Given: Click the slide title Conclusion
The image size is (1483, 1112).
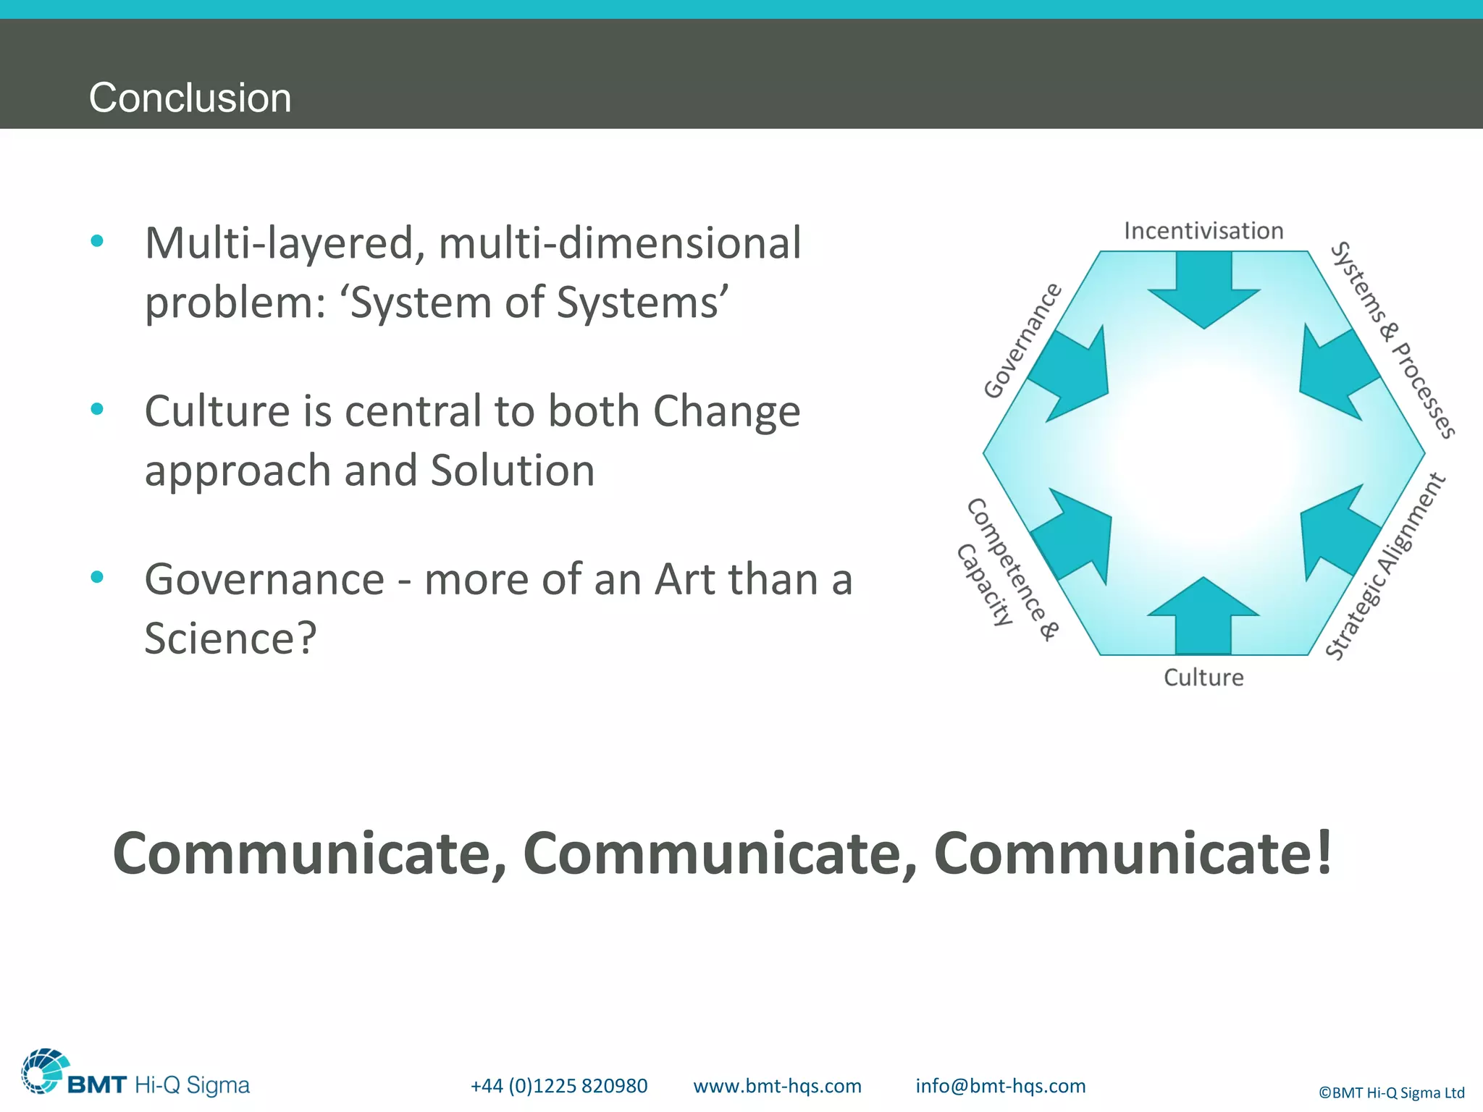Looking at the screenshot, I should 190,98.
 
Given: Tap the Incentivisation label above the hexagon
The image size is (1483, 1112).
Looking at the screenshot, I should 1203,231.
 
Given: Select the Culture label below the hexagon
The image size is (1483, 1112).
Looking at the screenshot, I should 1203,678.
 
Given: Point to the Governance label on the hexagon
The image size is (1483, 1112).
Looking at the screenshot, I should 1022,340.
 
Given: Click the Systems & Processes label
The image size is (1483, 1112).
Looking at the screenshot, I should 1392,340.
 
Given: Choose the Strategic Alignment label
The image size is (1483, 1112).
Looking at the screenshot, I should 1385,567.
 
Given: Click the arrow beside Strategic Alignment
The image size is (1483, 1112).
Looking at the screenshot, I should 1336,532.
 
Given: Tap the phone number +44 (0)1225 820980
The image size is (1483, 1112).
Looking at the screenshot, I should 558,1086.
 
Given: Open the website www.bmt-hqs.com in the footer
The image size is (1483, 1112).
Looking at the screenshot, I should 777,1086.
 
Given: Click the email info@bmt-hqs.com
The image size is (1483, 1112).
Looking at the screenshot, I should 1000,1086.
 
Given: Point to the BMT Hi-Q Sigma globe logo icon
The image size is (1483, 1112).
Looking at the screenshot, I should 45,1071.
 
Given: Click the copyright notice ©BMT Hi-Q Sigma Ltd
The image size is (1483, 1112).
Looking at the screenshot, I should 1391,1092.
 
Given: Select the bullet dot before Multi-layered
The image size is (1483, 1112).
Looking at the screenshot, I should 97,241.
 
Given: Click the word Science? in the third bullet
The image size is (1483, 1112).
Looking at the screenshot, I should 230,639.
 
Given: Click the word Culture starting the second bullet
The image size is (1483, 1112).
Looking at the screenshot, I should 217,411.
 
